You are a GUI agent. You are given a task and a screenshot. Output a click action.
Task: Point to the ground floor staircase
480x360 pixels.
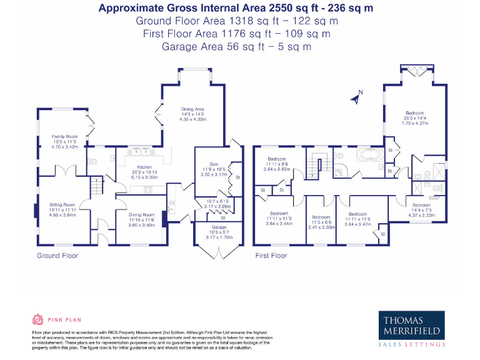[96, 186]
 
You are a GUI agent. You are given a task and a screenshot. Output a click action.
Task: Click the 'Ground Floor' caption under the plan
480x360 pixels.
[57, 256]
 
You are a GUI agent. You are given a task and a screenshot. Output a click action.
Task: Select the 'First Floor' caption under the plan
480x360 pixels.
[271, 256]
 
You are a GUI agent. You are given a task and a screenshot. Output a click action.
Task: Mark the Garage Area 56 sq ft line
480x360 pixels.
[237, 46]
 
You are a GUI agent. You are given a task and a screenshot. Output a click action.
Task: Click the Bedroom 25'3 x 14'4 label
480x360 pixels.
[415, 118]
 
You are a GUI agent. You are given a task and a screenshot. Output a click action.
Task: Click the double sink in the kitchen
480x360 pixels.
[141, 151]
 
